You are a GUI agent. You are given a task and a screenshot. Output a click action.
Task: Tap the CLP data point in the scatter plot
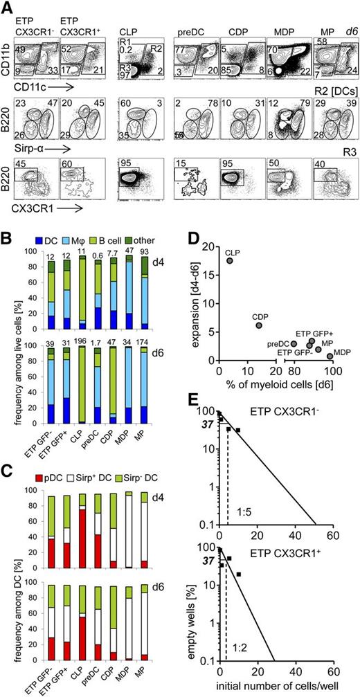229,261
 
